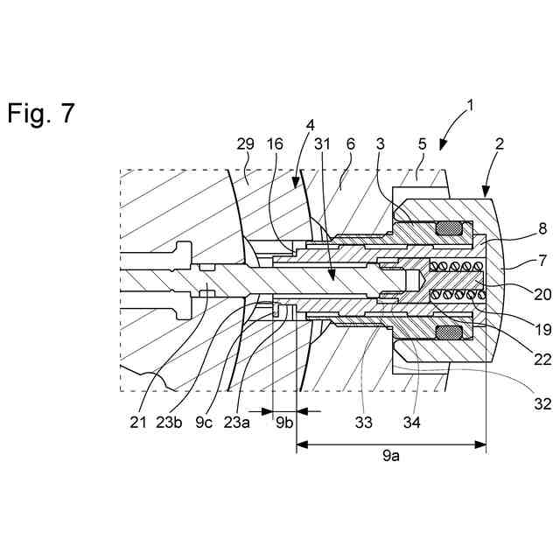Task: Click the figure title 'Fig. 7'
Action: click(x=41, y=113)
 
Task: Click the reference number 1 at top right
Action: click(x=471, y=106)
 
